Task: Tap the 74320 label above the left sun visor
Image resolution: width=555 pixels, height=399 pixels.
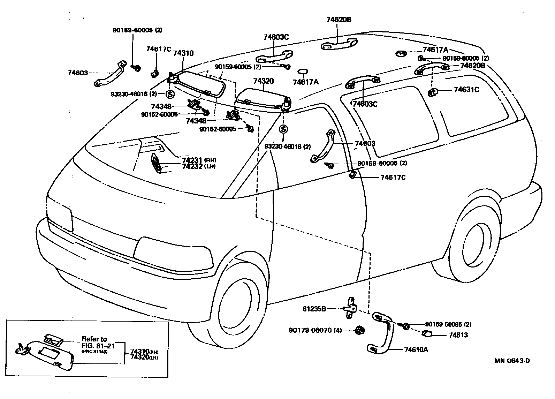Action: (x=263, y=81)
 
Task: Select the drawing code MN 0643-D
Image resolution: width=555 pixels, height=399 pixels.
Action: (x=511, y=361)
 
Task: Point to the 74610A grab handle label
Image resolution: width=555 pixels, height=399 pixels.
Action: (x=416, y=349)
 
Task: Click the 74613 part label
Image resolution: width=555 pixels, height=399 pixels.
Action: (x=458, y=335)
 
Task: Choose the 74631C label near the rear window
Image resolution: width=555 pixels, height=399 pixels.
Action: (x=466, y=90)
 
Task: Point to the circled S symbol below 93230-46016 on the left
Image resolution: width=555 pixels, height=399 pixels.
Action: (x=170, y=94)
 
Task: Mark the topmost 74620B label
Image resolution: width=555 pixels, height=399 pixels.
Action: (x=339, y=20)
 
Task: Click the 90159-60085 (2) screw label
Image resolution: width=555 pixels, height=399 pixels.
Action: (x=448, y=324)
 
